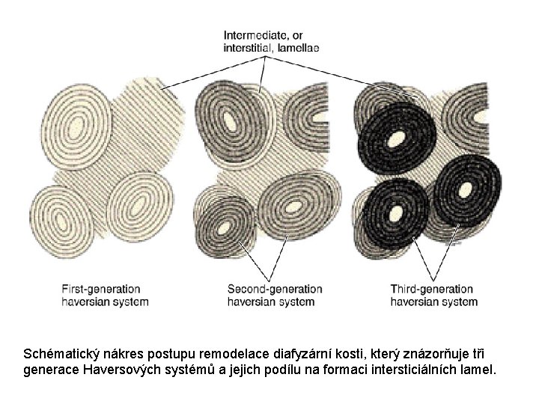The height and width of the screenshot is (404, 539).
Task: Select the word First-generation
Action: tap(100, 289)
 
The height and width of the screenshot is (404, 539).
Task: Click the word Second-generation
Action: tap(275, 289)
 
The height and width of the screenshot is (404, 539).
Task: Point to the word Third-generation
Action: tap(431, 289)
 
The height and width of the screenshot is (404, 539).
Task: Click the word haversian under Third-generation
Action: tap(413, 302)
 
